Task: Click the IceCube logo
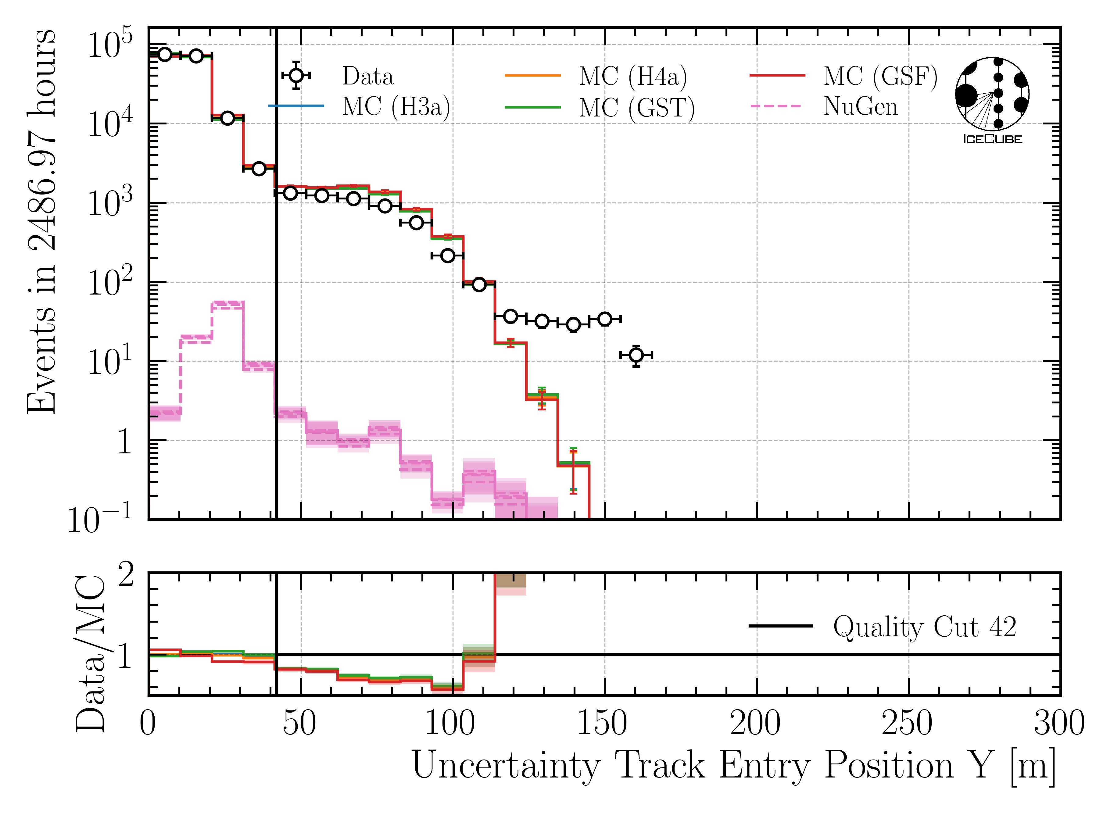coord(992,100)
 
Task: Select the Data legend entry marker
coord(296,76)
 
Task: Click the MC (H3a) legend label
coord(396,107)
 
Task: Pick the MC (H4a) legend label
coord(633,77)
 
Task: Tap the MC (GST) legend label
coord(636,108)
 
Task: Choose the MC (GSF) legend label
coord(880,77)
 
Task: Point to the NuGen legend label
coord(860,106)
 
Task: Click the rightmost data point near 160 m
coord(636,355)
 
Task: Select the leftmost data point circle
coord(165,54)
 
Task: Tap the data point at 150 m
coord(605,319)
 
